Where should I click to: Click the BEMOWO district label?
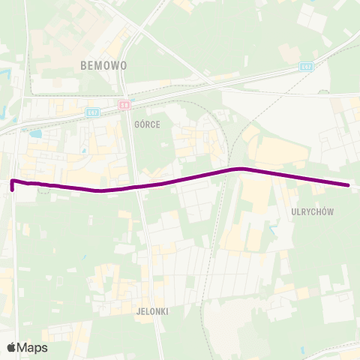[103, 65]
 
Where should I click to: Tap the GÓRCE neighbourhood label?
[147, 124]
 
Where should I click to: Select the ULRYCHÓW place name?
[312, 212]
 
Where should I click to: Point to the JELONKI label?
[151, 310]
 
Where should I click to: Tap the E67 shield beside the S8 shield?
[93, 112]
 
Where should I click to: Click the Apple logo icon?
[12, 347]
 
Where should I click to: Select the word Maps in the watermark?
[32, 348]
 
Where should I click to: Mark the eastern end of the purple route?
[349, 185]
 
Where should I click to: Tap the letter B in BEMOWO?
[83, 65]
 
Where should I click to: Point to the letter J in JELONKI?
[139, 310]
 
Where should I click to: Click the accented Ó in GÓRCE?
[142, 124]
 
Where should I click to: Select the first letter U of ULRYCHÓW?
[293, 212]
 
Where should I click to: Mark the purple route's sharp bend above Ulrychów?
[240, 169]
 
